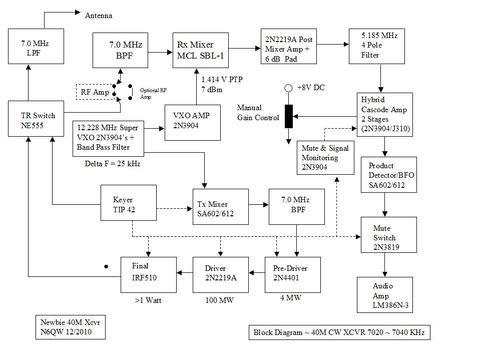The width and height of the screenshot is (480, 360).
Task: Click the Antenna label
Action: click(x=99, y=16)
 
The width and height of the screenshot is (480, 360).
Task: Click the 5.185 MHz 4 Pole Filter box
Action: click(x=376, y=46)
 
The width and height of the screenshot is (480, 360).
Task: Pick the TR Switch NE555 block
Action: click(x=32, y=119)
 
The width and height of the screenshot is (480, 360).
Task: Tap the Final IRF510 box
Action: click(x=148, y=274)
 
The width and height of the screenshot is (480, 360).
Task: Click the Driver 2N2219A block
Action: click(x=220, y=274)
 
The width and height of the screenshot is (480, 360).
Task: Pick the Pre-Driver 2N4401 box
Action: click(x=292, y=274)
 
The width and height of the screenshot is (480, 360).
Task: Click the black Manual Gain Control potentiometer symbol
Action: click(x=289, y=117)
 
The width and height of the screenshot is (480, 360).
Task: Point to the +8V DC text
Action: click(x=310, y=88)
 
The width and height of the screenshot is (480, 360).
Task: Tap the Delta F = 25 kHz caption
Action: click(x=113, y=164)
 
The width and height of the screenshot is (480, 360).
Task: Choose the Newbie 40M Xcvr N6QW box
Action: click(x=73, y=326)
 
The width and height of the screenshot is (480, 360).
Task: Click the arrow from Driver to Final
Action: click(x=185, y=272)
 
